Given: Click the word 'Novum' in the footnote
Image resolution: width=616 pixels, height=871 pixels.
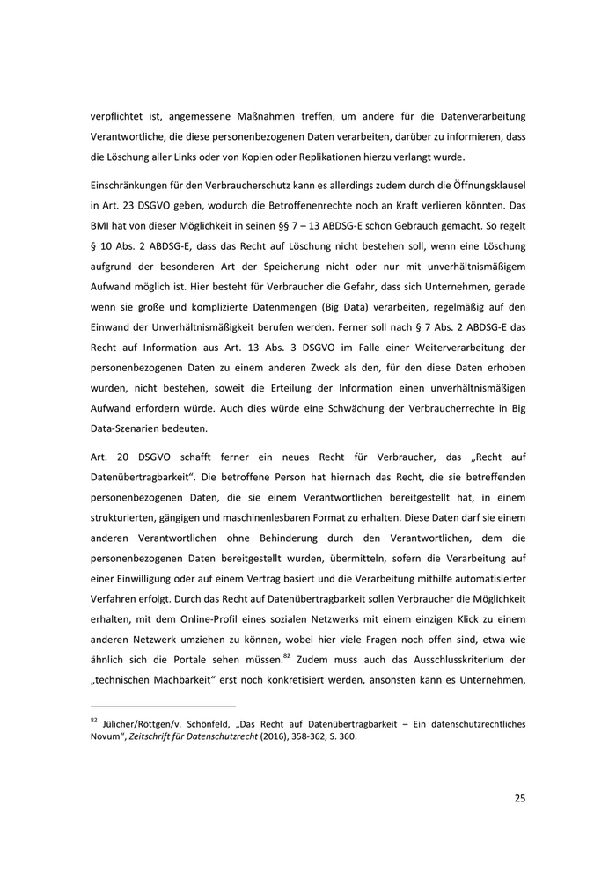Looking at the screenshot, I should [x=107, y=736].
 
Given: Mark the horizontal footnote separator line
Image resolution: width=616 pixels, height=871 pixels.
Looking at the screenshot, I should [x=163, y=706].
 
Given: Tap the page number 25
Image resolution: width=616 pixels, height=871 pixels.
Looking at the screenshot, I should [x=519, y=798].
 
